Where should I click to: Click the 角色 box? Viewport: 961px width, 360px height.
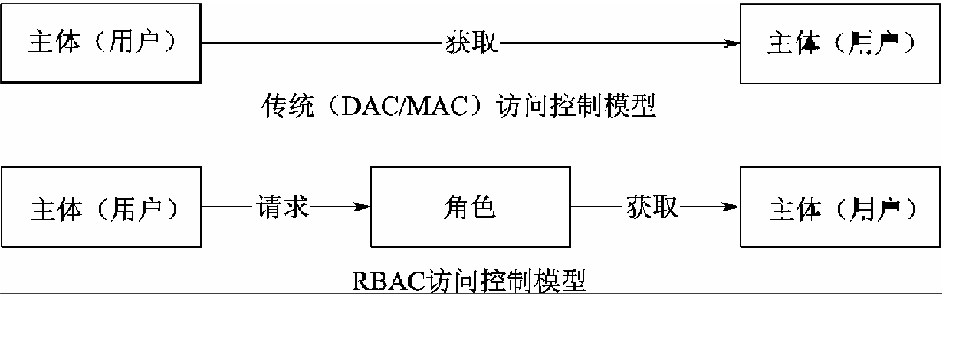click(469, 209)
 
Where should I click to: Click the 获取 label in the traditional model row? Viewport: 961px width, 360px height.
click(469, 42)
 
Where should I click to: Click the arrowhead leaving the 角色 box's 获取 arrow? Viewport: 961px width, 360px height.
click(730, 209)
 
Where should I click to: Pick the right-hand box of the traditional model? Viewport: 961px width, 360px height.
click(838, 42)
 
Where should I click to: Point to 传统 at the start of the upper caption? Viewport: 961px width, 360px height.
click(284, 107)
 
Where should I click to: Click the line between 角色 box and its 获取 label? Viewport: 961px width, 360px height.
click(598, 209)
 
